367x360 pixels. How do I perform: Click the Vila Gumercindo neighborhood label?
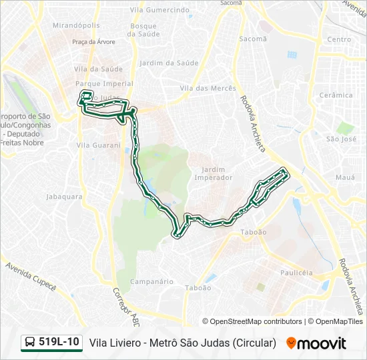tap(159, 10)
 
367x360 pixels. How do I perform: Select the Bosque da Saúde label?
tap(143, 29)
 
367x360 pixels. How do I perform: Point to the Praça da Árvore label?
tap(93, 41)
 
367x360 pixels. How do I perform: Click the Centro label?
tap(339, 39)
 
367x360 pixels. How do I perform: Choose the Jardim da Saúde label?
tap(169, 63)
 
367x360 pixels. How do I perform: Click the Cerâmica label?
tap(336, 95)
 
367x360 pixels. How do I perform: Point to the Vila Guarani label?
tap(98, 145)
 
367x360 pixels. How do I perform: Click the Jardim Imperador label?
tap(213, 173)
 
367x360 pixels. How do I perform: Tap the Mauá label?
tap(344, 177)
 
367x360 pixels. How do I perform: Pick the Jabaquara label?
tap(64, 197)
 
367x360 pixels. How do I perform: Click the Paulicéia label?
tap(296, 273)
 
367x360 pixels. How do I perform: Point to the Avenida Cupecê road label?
tap(31, 275)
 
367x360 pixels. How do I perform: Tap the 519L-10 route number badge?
tap(52, 343)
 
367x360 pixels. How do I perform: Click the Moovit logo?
tap(316, 343)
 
